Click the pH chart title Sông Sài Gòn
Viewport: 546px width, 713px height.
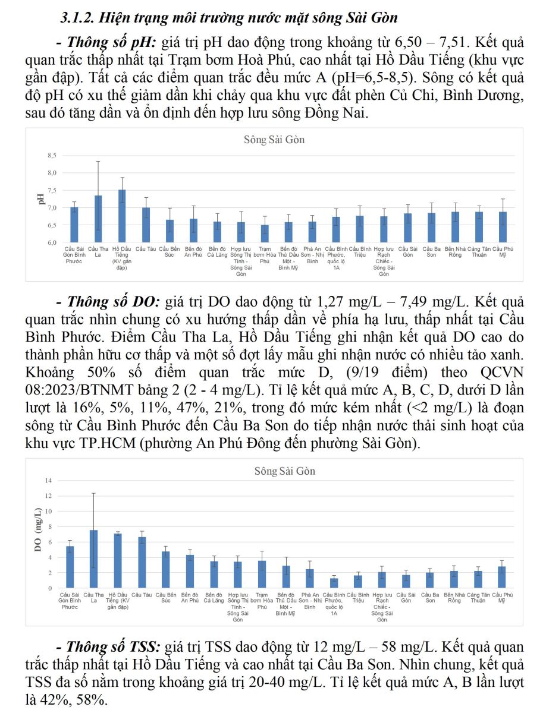click(x=274, y=140)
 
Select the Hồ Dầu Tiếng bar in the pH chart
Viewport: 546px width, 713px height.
click(x=122, y=216)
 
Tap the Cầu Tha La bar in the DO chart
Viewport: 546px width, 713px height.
click(x=93, y=559)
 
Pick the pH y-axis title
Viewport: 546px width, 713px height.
click(x=42, y=199)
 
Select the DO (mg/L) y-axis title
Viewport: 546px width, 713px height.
click(x=38, y=530)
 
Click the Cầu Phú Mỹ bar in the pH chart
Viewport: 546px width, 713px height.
click(x=503, y=227)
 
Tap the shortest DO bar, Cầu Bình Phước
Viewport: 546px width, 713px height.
click(x=334, y=583)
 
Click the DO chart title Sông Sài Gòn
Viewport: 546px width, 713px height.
click(x=284, y=471)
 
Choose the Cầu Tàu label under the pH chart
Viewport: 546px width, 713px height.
click(x=146, y=248)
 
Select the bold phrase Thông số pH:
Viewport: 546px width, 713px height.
click(x=106, y=43)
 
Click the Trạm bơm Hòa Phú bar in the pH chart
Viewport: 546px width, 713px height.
click(x=265, y=234)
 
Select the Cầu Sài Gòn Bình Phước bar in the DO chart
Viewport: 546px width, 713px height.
click(x=70, y=567)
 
